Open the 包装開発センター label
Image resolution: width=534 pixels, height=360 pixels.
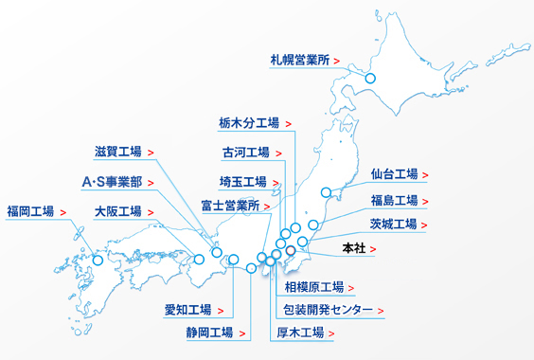328,310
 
